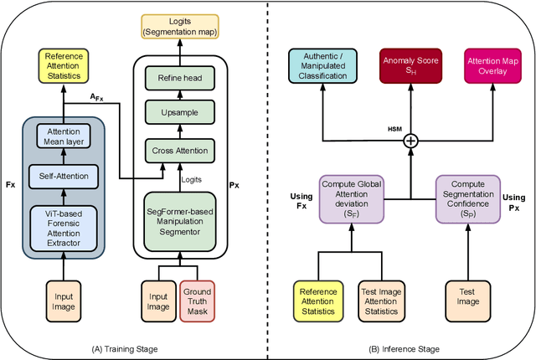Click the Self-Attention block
click(x=64, y=176)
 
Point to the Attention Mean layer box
click(x=64, y=136)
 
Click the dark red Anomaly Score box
click(x=410, y=66)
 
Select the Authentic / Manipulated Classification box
click(x=325, y=66)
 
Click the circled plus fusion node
click(x=410, y=141)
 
